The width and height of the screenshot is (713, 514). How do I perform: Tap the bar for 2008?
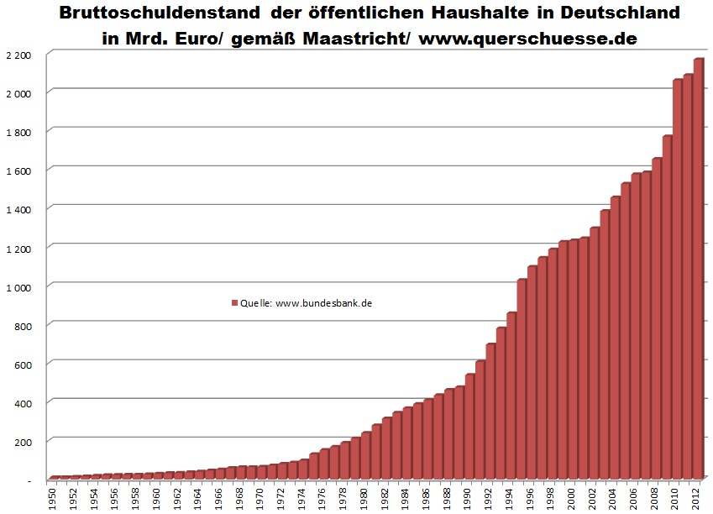coord(656,320)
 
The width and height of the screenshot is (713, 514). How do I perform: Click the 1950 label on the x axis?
coord(54,497)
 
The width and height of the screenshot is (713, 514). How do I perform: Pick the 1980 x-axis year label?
coord(365,497)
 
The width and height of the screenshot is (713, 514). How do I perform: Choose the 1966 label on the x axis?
coord(220,497)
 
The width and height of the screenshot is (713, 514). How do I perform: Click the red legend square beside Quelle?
coord(234,304)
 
